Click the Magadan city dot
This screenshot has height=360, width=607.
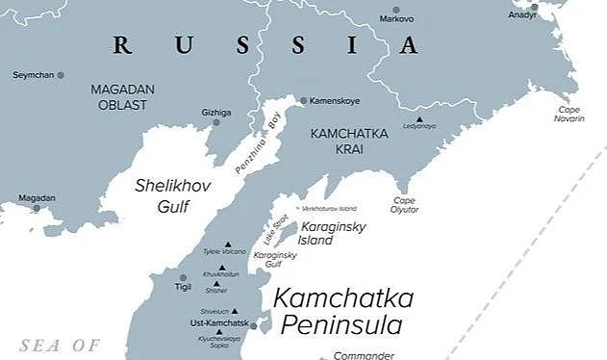click(38, 207)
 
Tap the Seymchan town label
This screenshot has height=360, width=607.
click(33, 74)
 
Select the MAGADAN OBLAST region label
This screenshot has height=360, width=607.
click(122, 96)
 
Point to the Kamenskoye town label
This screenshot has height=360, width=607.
click(336, 100)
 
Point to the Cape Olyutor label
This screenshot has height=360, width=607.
click(404, 204)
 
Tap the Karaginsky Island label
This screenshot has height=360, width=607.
click(317, 232)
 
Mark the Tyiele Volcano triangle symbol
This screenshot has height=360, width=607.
click(227, 244)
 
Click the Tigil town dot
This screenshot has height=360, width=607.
click(183, 277)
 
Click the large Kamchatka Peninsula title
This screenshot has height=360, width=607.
click(343, 310)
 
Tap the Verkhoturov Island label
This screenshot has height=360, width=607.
click(329, 208)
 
